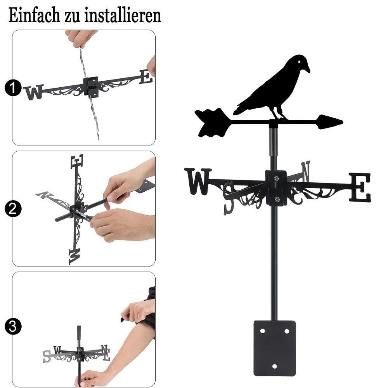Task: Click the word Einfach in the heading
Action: coord(34,15)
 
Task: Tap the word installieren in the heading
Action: coord(123,15)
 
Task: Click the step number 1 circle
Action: coord(13,88)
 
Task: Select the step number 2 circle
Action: coord(13,209)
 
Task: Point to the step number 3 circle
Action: coord(13,326)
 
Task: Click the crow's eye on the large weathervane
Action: coord(299,62)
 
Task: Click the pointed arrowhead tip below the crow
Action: coord(343,122)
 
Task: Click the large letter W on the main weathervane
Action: coord(198,181)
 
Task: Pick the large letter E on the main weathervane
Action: coord(360,187)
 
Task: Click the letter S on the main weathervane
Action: coord(229,198)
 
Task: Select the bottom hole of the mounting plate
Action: coord(274,366)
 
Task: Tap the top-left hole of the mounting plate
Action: coord(262,331)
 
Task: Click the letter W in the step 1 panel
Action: coord(34,92)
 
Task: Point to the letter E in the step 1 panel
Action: coord(146,77)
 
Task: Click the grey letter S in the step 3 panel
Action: coord(47,356)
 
